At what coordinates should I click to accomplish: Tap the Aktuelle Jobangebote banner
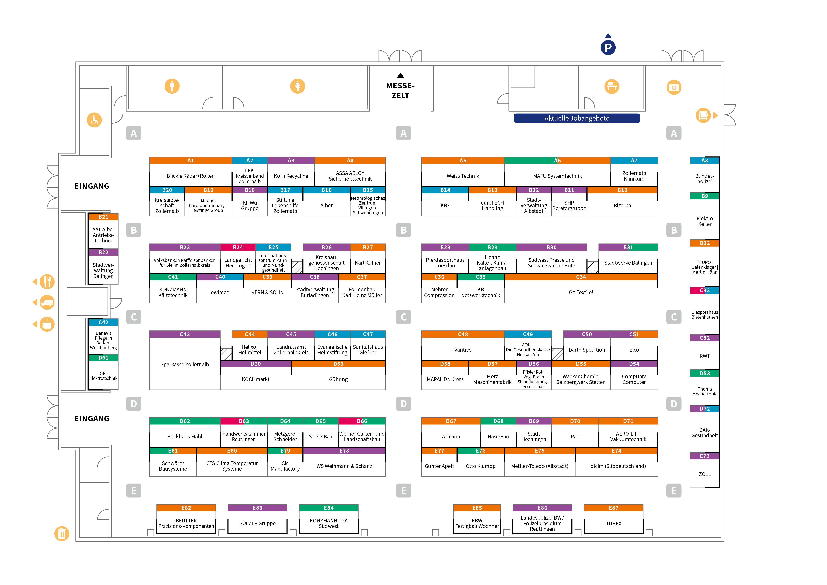pos(577,118)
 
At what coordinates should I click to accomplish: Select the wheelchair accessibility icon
pos(94,120)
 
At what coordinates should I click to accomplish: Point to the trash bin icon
pos(62,533)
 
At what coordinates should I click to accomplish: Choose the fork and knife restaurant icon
pos(47,282)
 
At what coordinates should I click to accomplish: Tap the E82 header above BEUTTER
pos(186,508)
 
